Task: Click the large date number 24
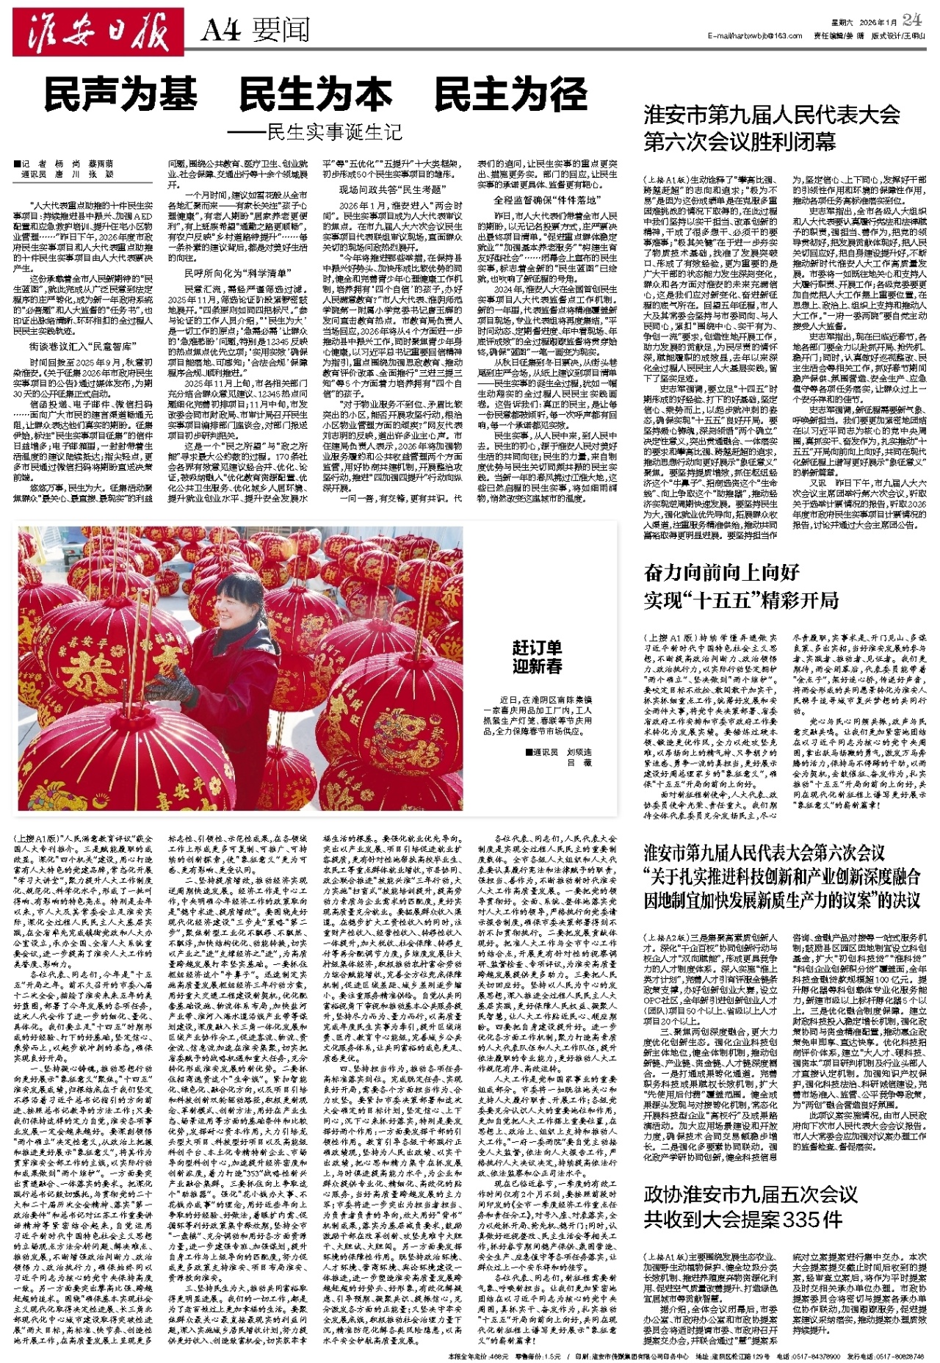click(x=912, y=19)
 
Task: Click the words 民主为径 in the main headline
click(x=511, y=94)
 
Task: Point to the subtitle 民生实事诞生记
click(x=334, y=132)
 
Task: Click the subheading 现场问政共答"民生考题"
click(x=390, y=190)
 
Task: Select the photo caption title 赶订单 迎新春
click(x=537, y=657)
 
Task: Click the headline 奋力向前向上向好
click(x=721, y=572)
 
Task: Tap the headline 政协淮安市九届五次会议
click(x=751, y=1193)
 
